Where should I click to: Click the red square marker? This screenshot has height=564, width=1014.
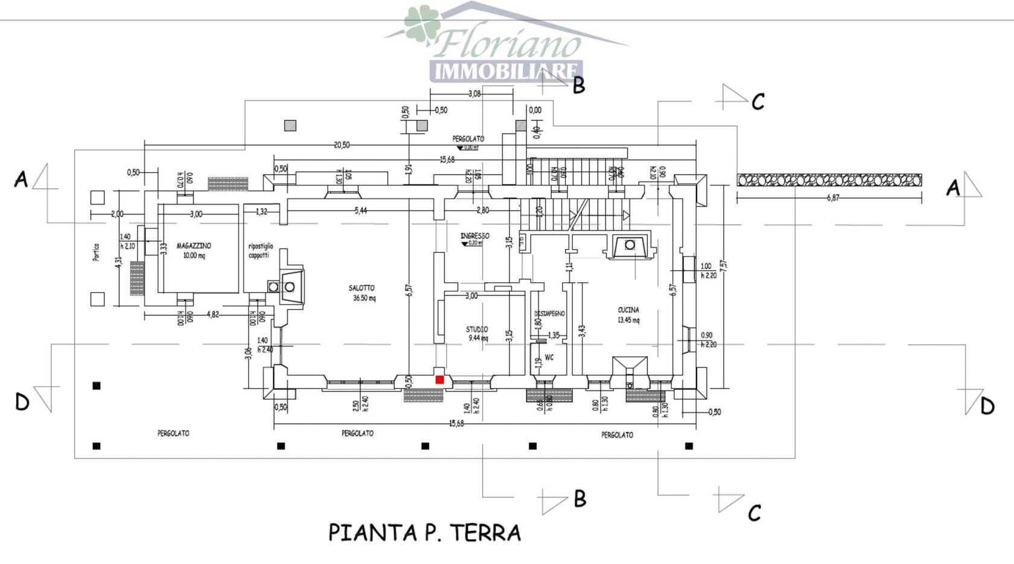439,379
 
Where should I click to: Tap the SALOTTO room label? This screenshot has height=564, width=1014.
362,288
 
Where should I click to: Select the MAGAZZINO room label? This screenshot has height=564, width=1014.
194,246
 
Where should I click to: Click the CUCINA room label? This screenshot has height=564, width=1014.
628,310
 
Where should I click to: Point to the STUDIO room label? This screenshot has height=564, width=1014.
477,329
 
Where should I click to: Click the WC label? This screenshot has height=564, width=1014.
549,358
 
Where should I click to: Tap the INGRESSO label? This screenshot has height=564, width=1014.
475,236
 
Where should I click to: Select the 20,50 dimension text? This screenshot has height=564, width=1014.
342,145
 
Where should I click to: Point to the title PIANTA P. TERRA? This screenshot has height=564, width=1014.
424,533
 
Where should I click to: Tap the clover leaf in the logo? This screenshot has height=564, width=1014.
421,24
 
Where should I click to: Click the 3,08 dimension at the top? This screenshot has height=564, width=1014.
474,93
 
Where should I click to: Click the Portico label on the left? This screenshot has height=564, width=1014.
96,252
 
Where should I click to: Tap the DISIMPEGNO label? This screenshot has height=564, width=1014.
549,314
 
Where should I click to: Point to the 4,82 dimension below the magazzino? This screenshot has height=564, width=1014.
212,314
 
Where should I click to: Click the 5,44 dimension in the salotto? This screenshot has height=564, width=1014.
360,211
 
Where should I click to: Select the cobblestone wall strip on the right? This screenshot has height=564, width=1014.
829,180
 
